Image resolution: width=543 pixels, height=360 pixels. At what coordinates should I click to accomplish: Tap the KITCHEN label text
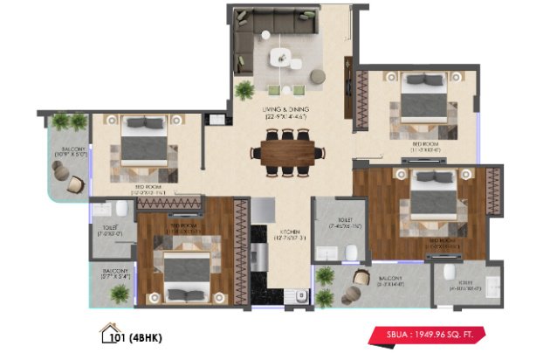click(x=288, y=234)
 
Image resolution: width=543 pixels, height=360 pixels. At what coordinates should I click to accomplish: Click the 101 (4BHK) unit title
click(x=141, y=334)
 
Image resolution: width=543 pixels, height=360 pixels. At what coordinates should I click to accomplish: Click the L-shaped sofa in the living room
click(x=262, y=39)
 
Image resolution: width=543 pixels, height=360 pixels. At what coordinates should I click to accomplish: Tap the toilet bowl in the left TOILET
click(x=121, y=211)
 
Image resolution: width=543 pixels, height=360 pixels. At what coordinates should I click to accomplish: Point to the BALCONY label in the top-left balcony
click(x=71, y=151)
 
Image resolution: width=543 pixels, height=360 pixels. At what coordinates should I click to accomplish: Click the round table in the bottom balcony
click(x=360, y=278)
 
